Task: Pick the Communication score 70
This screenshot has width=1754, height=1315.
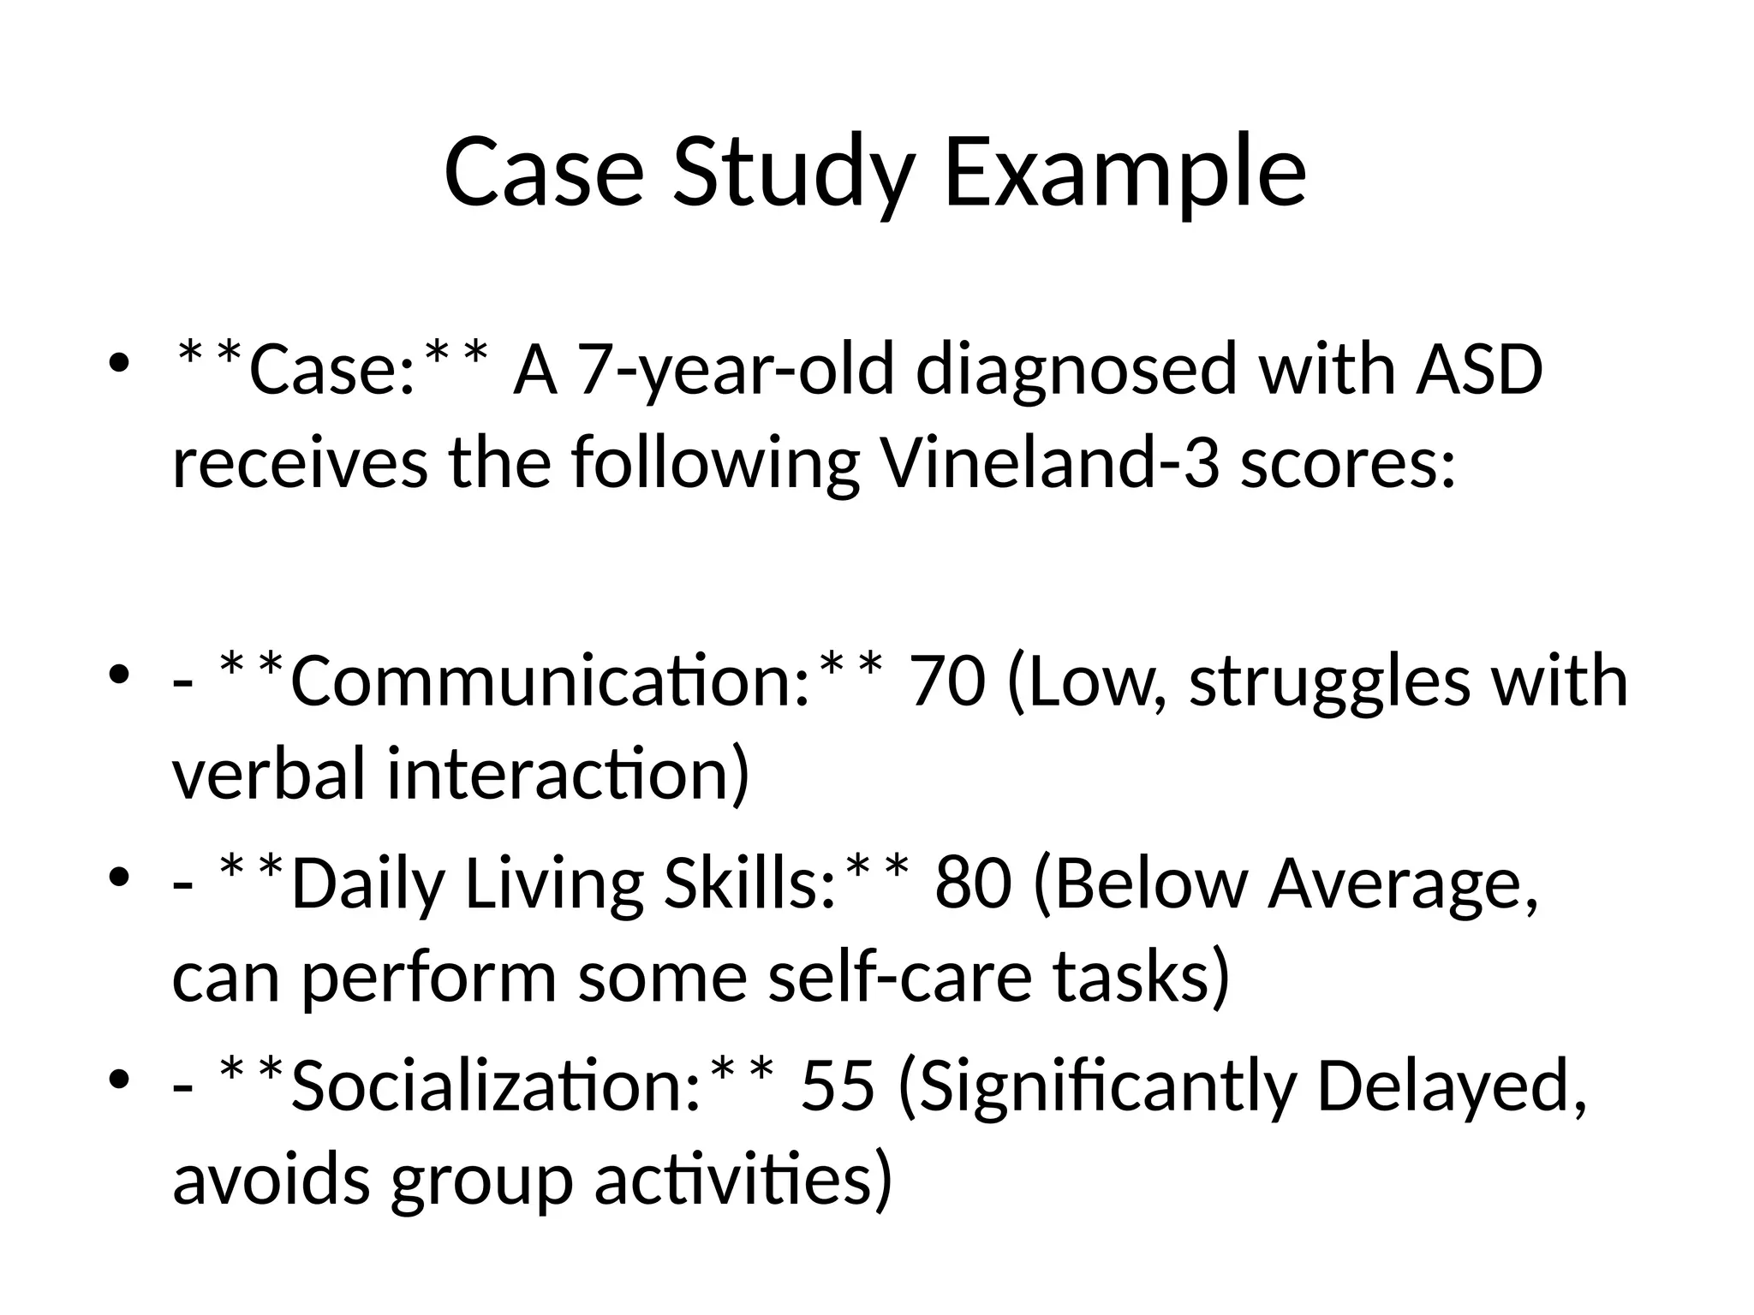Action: click(947, 681)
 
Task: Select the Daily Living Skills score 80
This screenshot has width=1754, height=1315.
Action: click(973, 884)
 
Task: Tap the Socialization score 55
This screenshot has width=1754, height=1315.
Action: click(838, 1086)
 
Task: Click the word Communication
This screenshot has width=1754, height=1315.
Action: click(549, 681)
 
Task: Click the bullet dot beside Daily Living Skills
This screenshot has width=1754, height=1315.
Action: click(119, 877)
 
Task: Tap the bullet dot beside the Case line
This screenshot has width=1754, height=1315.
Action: click(119, 363)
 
